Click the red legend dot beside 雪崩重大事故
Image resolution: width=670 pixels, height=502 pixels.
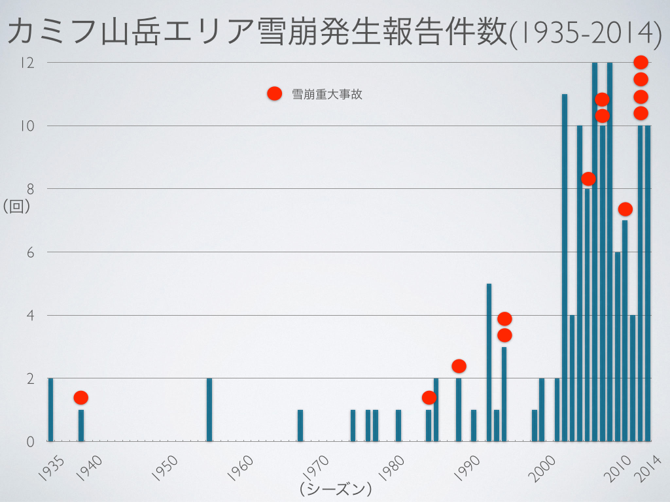coord(274,93)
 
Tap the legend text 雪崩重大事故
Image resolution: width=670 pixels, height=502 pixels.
coord(327,94)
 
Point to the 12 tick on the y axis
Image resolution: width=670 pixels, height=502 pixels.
coord(27,63)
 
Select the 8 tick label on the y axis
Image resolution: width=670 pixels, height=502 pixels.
coord(29,189)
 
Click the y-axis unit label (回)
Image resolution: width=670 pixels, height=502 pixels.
coord(17,207)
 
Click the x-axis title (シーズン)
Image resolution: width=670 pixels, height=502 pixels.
coord(336,488)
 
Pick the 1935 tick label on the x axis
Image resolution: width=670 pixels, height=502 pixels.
coord(51,469)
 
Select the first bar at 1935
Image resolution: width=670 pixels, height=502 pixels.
coord(50,410)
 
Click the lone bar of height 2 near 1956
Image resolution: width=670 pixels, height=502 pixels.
coord(209,410)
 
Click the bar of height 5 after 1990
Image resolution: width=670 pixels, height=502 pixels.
coord(489,363)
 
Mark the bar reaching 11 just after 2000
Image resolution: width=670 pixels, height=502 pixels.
coord(565,268)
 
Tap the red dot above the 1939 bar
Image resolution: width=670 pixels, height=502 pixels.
coord(80,397)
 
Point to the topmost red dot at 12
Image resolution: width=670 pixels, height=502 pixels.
coord(641,63)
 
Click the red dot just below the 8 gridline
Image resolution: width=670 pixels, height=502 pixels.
coord(588,178)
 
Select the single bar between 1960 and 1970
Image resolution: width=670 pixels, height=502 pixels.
coord(300,426)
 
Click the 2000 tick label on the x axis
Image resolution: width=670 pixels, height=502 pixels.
coord(542,469)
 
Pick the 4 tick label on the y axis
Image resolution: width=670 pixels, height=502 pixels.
coord(29,316)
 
